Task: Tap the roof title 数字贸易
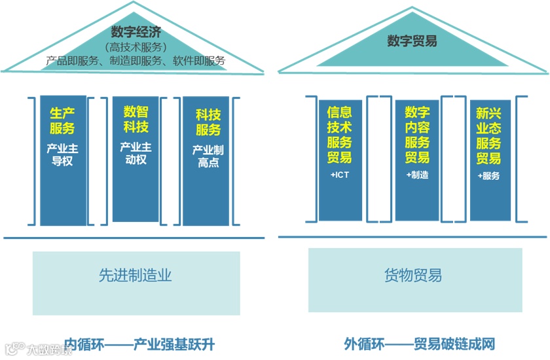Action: point(412,41)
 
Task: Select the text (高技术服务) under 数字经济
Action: point(136,47)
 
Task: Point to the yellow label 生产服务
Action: point(62,120)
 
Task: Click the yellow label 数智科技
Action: point(136,118)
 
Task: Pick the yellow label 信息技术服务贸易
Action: point(339,135)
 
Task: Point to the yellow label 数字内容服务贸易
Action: point(417,135)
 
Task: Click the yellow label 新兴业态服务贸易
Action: point(488,135)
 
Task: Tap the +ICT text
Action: point(339,175)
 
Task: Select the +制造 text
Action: point(417,175)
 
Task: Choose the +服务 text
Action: point(488,175)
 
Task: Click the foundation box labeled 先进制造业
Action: point(136,276)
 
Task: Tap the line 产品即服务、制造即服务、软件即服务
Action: point(136,61)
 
